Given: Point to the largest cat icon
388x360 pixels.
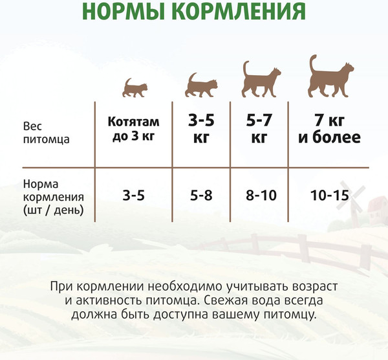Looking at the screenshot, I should pos(330,74).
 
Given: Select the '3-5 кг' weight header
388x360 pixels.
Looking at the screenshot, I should pos(200,129).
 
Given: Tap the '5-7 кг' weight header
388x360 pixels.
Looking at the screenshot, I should pos(259,129).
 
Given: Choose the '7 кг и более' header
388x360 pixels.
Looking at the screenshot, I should pos(329,129).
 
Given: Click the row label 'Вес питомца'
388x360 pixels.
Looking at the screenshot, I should pos(46,132).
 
